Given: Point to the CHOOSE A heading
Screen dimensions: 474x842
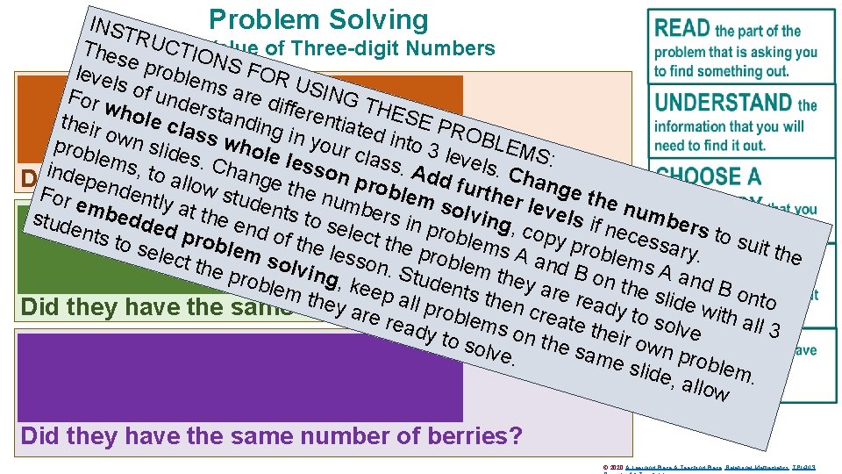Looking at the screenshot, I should click(x=708, y=176).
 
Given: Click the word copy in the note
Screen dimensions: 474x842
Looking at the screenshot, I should click(x=543, y=237).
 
